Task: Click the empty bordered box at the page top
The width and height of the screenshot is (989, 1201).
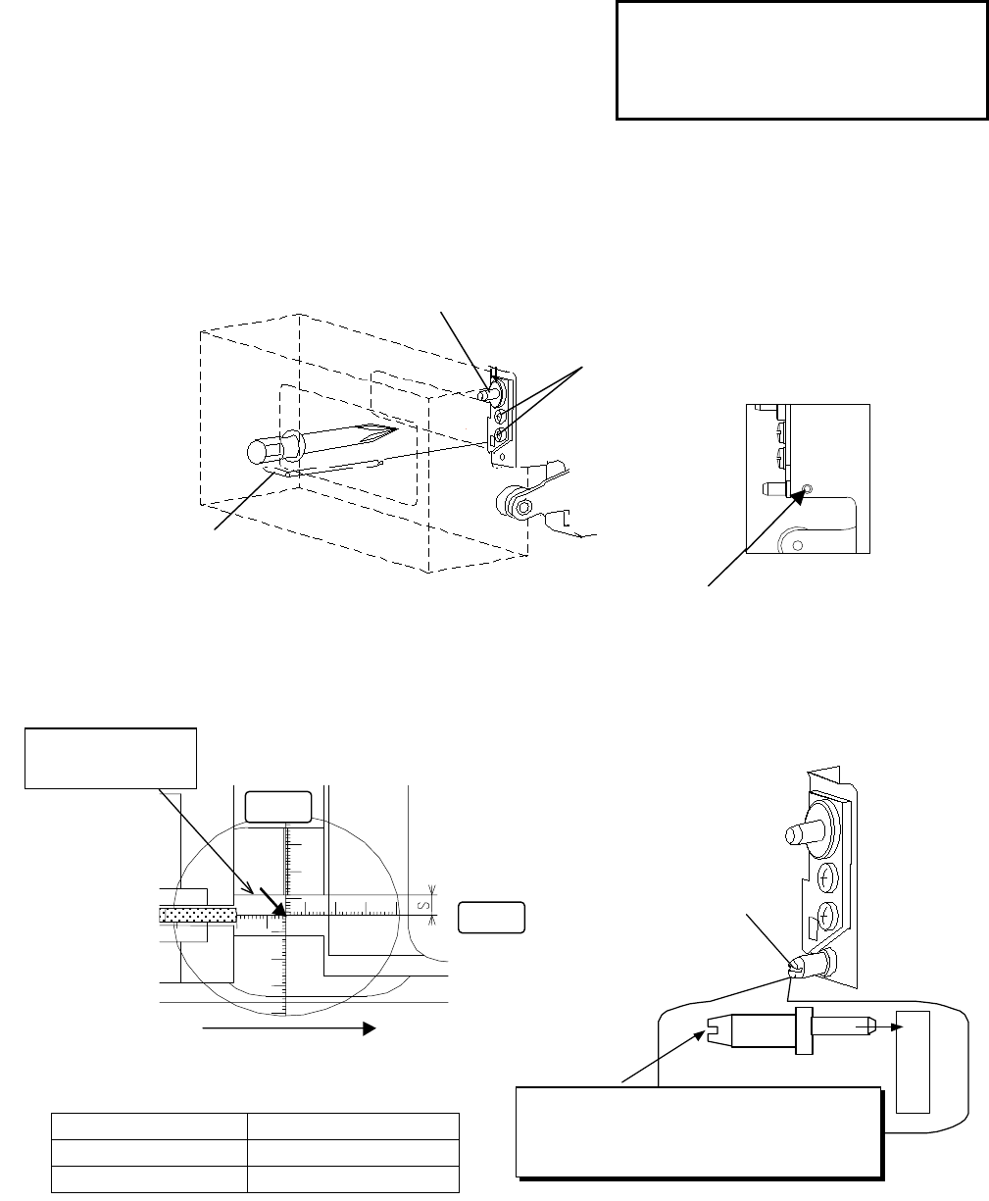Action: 801,60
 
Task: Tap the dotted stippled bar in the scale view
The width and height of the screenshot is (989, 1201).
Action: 196,914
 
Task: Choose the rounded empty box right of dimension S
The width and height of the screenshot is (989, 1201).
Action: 491,917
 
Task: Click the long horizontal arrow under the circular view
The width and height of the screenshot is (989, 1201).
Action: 288,1028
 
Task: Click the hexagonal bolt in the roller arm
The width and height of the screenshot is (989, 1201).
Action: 524,507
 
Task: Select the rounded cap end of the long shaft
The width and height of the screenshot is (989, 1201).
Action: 259,453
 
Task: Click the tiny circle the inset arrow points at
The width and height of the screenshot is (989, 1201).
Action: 806,488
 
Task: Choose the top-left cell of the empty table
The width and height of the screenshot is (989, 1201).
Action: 148,1126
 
